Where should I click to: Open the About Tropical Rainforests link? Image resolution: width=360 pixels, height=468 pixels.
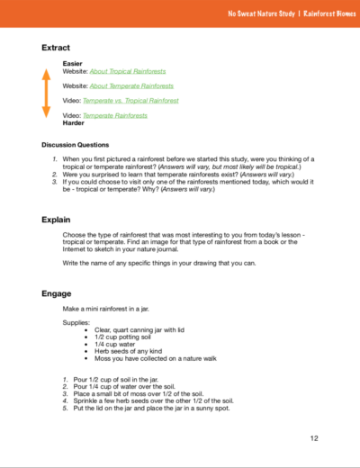[128, 70]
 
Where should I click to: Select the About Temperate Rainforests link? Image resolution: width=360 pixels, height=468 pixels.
[130, 85]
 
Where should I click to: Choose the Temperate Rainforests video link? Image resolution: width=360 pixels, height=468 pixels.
[115, 116]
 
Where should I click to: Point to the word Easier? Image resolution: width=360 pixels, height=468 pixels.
[73, 63]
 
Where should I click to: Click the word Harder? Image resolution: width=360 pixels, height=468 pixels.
[74, 123]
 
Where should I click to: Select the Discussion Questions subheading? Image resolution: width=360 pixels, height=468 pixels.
[76, 144]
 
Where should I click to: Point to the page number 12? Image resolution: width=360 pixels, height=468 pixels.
[314, 438]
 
